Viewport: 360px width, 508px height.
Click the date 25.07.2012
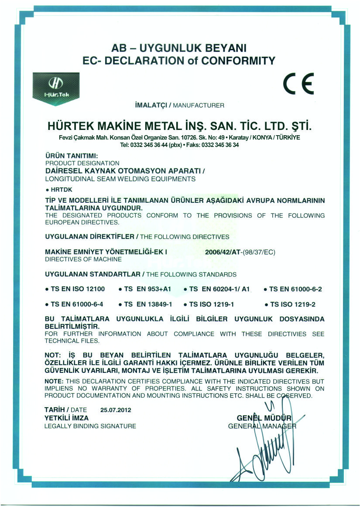116,410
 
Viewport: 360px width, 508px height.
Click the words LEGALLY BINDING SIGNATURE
90,426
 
